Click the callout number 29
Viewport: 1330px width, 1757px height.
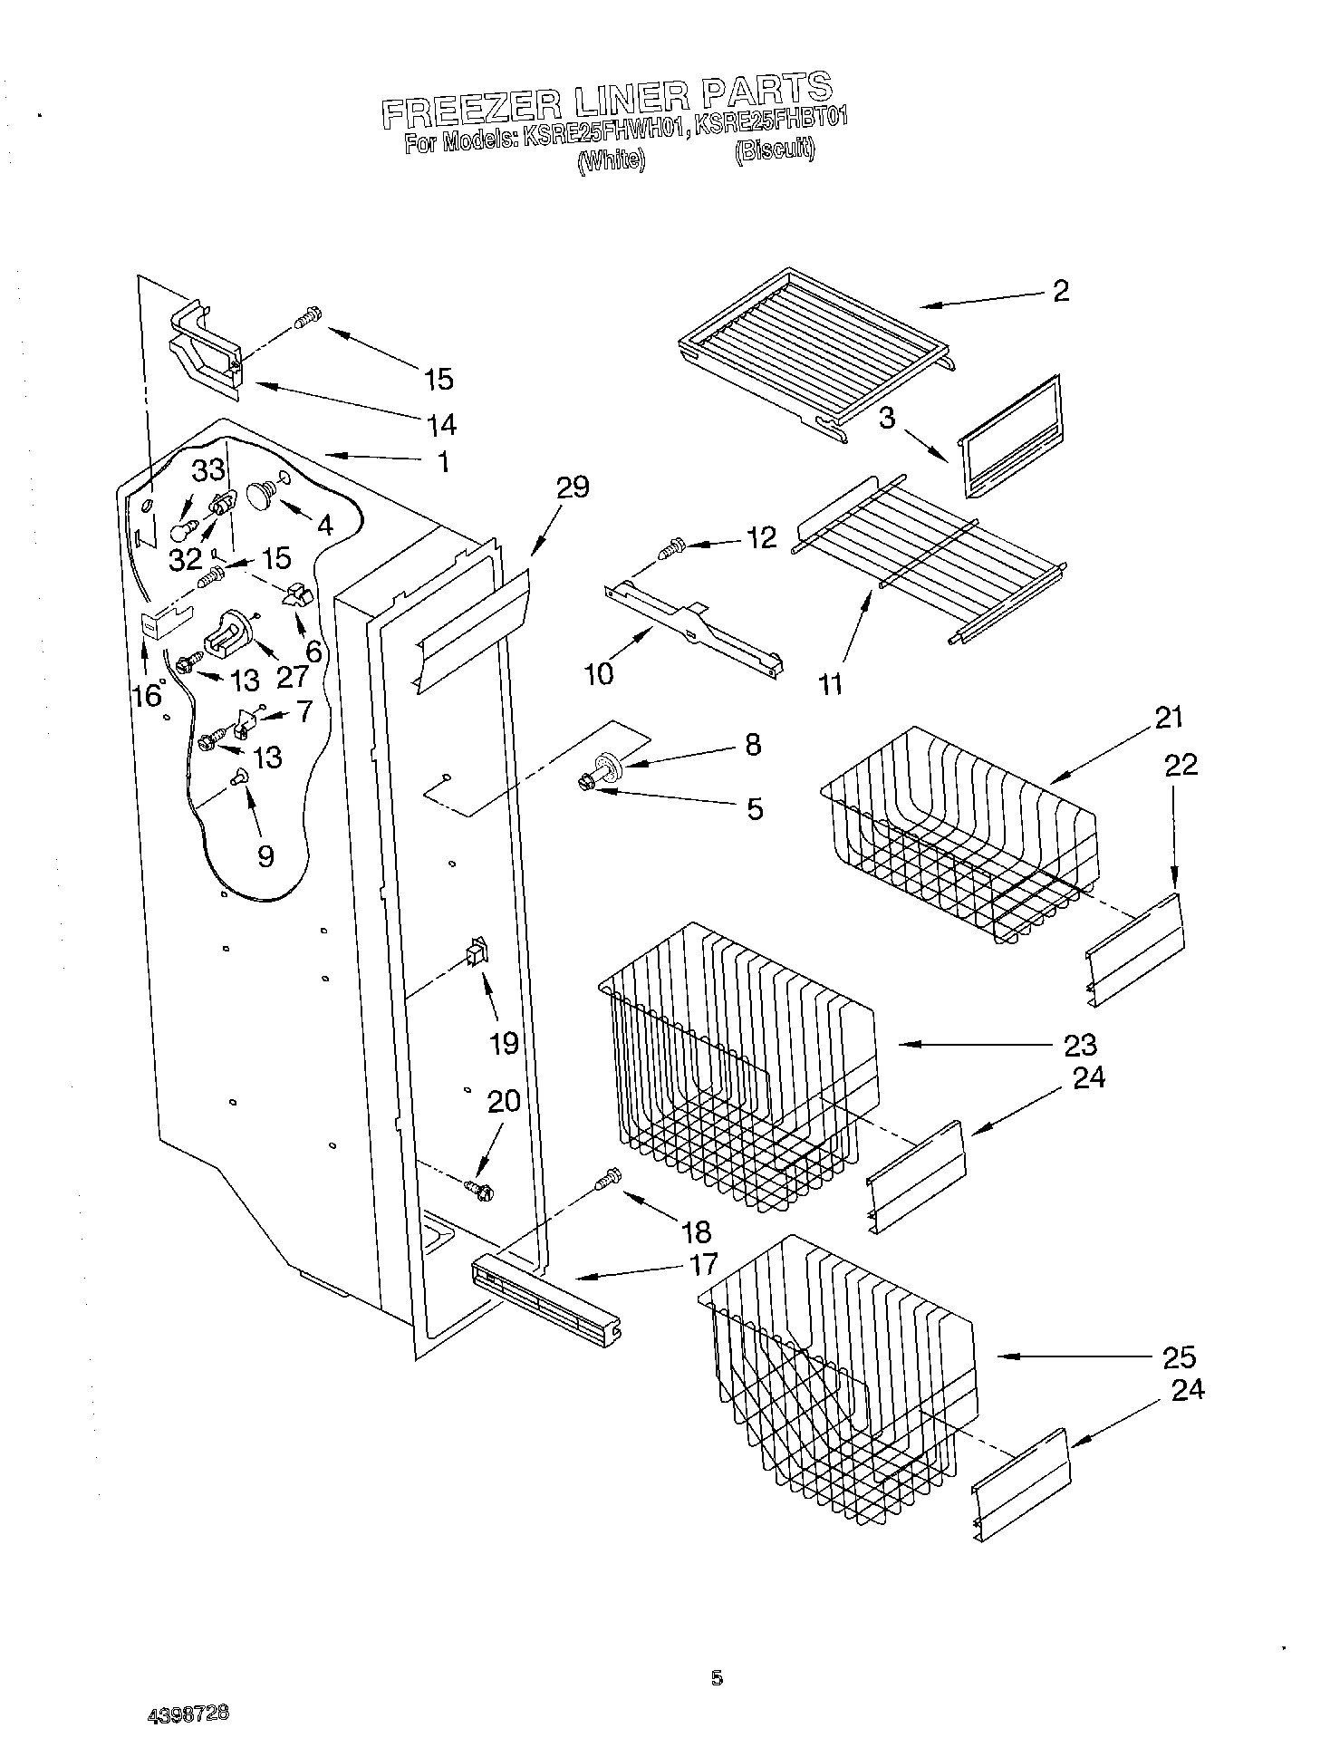[x=573, y=488]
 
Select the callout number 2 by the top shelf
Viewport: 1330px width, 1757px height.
[x=1060, y=291]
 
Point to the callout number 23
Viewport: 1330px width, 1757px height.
[x=1081, y=1045]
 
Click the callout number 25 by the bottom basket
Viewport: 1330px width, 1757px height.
[x=1180, y=1356]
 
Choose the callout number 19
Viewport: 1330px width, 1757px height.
[x=504, y=1043]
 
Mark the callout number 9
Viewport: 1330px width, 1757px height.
[x=265, y=855]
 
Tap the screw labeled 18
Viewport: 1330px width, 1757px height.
[x=608, y=1177]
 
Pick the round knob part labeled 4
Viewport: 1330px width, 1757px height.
[x=263, y=495]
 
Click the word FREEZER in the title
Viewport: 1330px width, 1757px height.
[x=458, y=106]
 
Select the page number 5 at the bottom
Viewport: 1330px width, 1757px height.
[x=717, y=1678]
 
